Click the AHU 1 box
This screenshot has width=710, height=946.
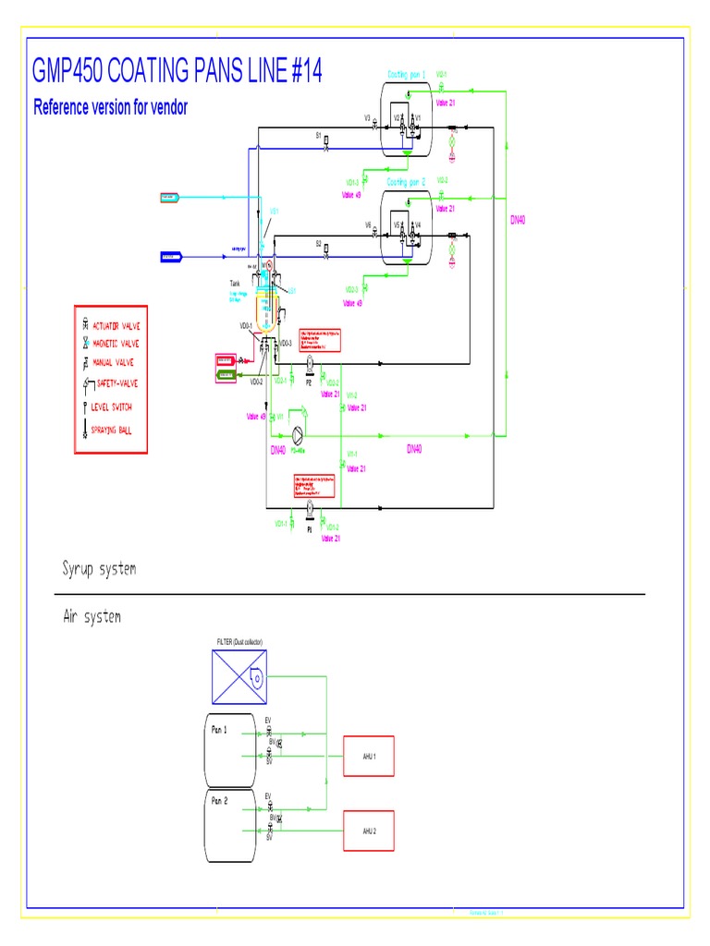tap(369, 756)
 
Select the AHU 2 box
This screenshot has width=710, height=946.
tap(369, 830)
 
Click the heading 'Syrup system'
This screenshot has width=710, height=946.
tap(99, 568)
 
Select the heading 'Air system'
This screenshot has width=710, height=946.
tap(92, 616)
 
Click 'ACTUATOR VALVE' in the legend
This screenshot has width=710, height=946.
tap(116, 327)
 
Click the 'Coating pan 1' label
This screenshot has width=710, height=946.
tap(406, 74)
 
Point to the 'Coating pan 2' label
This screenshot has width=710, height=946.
tap(406, 182)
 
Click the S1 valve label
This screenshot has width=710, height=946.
tap(319, 135)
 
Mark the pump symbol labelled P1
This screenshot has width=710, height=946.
tap(309, 506)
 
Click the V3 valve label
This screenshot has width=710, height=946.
tap(367, 118)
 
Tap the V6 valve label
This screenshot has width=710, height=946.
tap(367, 225)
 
